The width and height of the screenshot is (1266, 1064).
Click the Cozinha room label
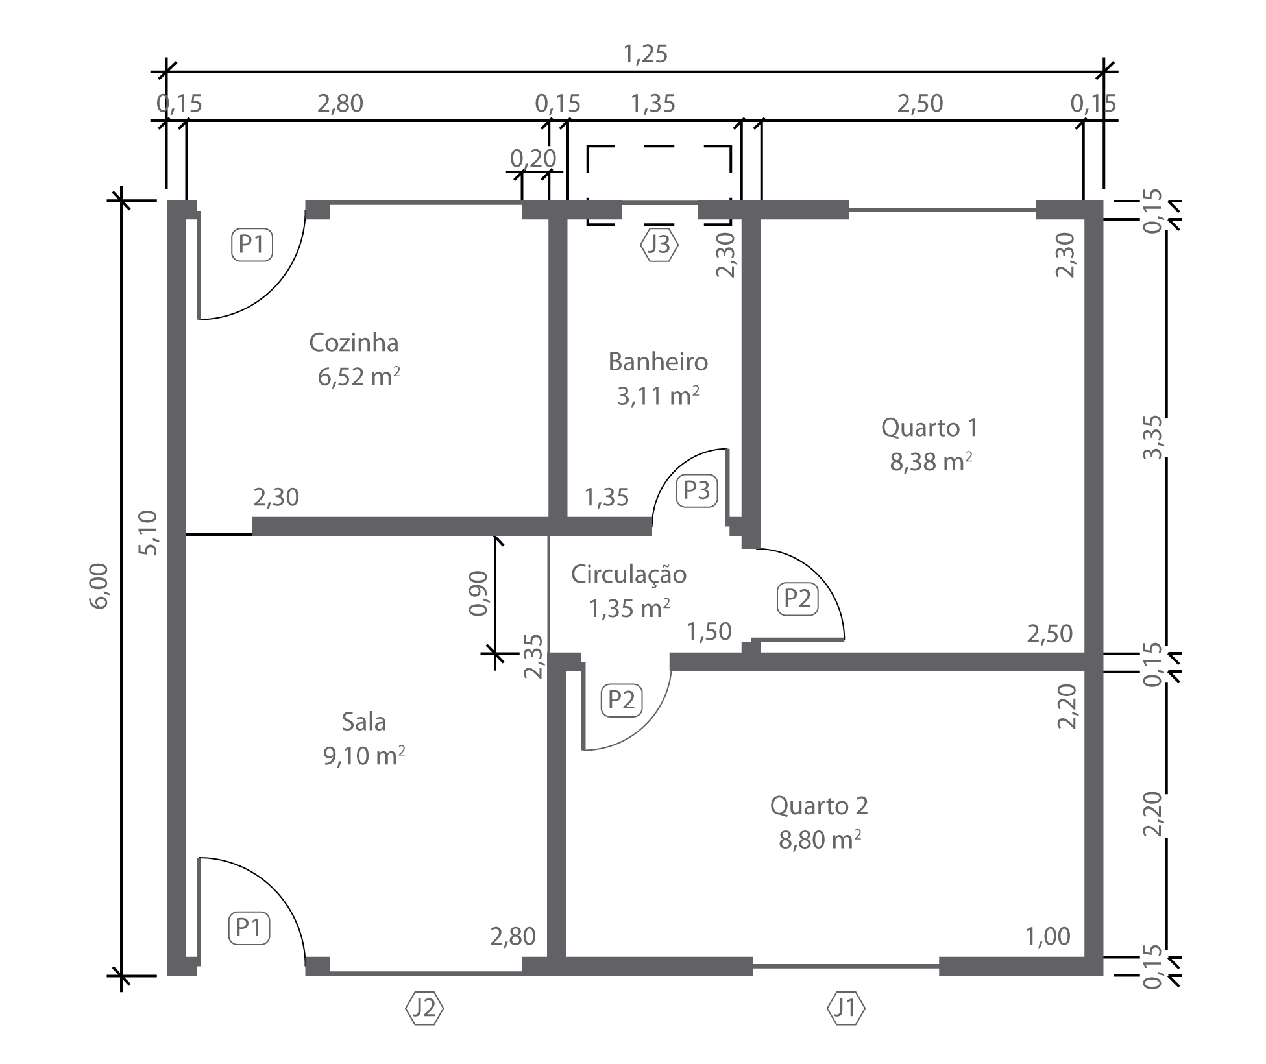(354, 343)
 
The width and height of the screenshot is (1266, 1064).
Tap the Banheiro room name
(658, 361)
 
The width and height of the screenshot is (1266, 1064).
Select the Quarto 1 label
(929, 428)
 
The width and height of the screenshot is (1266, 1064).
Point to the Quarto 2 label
(819, 806)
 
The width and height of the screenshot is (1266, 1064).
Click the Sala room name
(364, 721)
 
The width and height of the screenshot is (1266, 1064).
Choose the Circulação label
(629, 575)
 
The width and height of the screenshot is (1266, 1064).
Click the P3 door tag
(697, 490)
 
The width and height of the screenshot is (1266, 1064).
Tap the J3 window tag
(659, 245)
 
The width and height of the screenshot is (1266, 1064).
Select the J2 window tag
(424, 1008)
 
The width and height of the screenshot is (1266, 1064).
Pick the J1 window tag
(846, 1008)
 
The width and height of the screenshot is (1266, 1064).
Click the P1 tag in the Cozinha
(252, 245)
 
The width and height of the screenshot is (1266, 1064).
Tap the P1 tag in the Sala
(249, 928)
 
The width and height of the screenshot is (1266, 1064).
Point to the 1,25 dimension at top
(645, 54)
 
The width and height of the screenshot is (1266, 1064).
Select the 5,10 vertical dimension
(148, 533)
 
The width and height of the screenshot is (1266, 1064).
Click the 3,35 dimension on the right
(1153, 437)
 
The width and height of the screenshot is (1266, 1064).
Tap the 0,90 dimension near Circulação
(478, 593)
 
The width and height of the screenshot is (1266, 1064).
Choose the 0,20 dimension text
(533, 158)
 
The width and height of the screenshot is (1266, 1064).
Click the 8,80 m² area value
(820, 840)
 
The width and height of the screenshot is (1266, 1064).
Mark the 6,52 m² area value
(359, 377)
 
